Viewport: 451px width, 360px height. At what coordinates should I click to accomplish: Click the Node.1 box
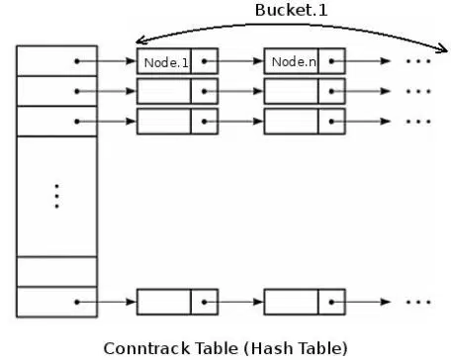click(x=164, y=61)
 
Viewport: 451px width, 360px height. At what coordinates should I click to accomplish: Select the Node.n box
click(x=293, y=61)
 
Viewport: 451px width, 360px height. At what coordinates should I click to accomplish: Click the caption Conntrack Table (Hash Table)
click(x=226, y=347)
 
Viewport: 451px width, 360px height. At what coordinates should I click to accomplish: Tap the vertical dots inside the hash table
click(x=57, y=196)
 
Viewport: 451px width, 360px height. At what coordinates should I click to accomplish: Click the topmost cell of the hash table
click(x=57, y=60)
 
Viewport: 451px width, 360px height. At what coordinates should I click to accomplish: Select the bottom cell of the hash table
click(x=57, y=301)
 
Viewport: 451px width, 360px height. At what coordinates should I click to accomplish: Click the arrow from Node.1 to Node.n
click(x=240, y=61)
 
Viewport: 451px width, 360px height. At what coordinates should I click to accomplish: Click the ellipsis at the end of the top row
click(x=419, y=61)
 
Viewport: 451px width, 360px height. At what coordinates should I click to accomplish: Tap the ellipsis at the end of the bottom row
click(x=419, y=301)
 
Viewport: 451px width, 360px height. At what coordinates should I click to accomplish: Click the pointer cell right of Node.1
click(x=205, y=61)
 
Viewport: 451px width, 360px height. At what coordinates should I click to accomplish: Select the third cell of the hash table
click(x=57, y=121)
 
